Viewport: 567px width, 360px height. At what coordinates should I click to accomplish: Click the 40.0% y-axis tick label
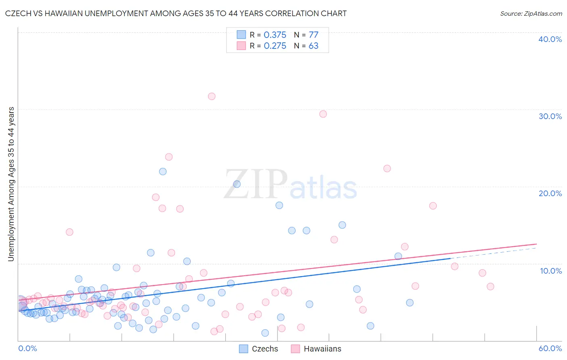click(x=550, y=39)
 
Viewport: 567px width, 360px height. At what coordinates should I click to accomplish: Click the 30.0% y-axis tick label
click(x=550, y=116)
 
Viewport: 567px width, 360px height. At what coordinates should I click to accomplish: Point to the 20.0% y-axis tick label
click(x=550, y=193)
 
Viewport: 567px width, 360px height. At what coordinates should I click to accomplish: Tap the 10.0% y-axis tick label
click(x=551, y=271)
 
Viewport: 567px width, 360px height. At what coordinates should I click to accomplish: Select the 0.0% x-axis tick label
click(x=27, y=348)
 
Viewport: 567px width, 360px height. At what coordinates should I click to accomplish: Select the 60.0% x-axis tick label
click(x=550, y=348)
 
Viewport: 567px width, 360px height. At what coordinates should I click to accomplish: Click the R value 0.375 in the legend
click(x=275, y=35)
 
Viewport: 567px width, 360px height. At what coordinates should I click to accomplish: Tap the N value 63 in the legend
click(x=313, y=46)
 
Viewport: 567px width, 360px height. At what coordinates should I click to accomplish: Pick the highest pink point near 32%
click(x=212, y=96)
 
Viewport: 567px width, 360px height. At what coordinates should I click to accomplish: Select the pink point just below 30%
click(x=323, y=114)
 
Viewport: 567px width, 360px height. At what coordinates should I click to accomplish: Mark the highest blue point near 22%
click(x=163, y=172)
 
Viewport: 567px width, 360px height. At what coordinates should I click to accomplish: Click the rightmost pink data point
click(x=490, y=287)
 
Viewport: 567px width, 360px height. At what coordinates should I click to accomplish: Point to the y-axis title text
click(x=11, y=184)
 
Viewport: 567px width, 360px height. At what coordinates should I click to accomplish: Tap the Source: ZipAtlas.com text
click(x=531, y=14)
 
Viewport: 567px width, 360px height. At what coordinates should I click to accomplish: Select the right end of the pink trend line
click(x=536, y=244)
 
